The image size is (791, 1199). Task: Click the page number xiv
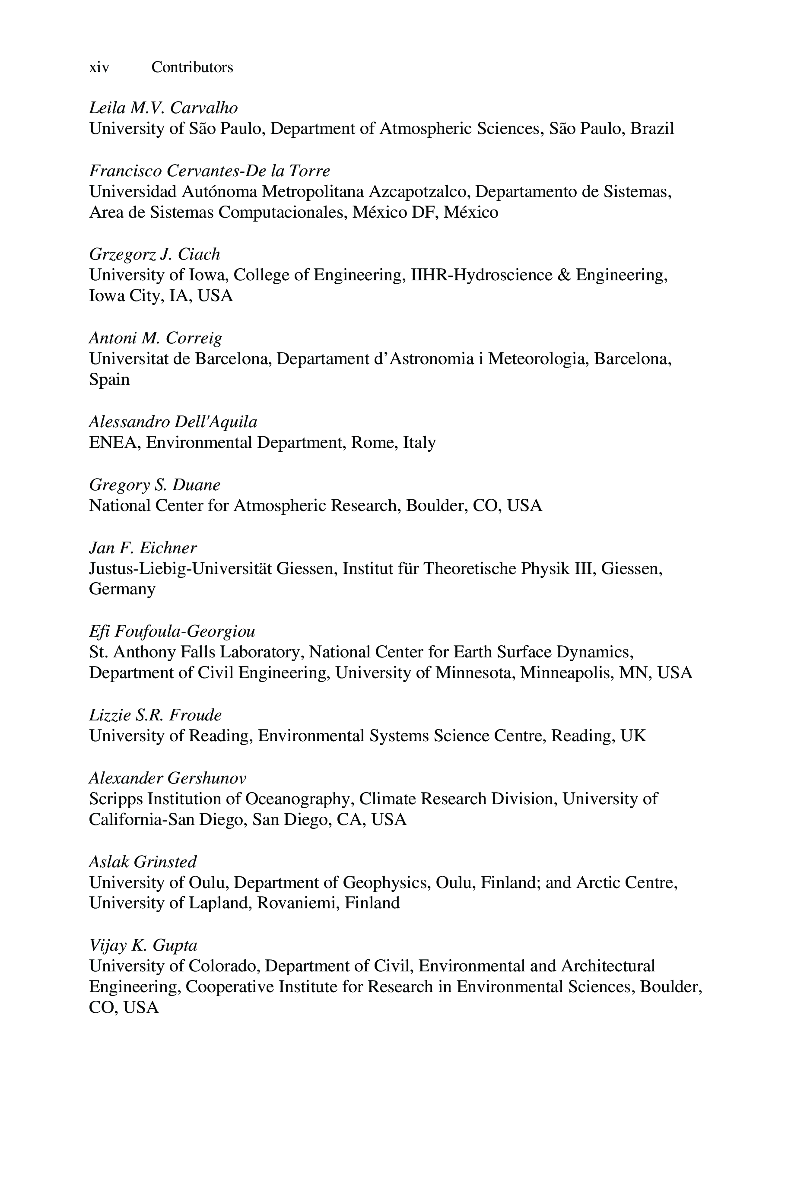[x=99, y=67]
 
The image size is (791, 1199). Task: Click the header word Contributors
[x=192, y=67]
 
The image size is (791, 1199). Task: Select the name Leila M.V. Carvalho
[x=163, y=108]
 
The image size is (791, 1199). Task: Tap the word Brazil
[x=652, y=129]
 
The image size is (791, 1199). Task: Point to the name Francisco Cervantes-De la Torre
[x=210, y=171]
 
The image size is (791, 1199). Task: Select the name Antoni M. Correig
[x=156, y=338]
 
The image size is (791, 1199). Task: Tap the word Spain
[x=109, y=379]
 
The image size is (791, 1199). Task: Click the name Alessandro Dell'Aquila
[x=173, y=422]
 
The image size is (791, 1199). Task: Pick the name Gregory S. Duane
[x=154, y=485]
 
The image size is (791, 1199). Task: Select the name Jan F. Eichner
[x=143, y=548]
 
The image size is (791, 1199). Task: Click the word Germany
[x=122, y=589]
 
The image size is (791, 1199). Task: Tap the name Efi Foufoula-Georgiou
[x=172, y=631]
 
